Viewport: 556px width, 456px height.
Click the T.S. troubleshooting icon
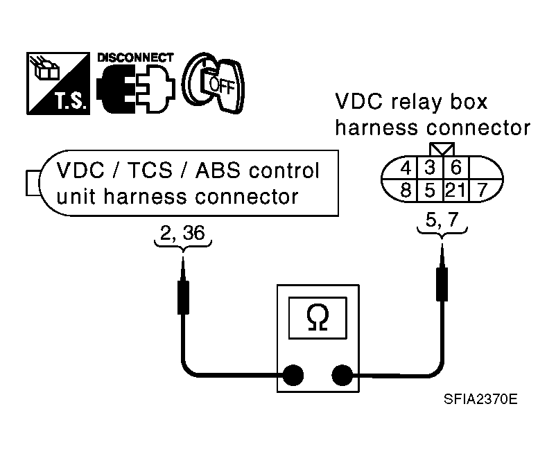58,83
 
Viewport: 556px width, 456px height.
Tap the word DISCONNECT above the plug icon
135,58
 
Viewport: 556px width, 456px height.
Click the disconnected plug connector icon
135,88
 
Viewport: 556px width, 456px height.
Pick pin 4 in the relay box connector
406,168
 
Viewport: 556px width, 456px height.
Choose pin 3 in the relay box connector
430,167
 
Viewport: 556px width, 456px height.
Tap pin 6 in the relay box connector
456,167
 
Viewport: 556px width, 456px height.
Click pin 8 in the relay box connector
406,190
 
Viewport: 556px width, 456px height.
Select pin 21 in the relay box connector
455,191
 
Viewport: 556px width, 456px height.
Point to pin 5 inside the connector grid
430,191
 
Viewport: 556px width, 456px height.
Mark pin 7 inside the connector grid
483,191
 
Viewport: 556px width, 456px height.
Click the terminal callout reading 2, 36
182,233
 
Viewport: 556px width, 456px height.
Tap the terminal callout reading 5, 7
442,220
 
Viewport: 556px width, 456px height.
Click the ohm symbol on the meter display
318,317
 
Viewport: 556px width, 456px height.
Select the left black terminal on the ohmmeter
293,375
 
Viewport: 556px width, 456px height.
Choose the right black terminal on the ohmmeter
342,375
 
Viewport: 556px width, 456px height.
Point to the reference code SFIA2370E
480,400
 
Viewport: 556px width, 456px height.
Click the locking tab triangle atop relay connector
442,149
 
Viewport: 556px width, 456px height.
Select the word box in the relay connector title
469,102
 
